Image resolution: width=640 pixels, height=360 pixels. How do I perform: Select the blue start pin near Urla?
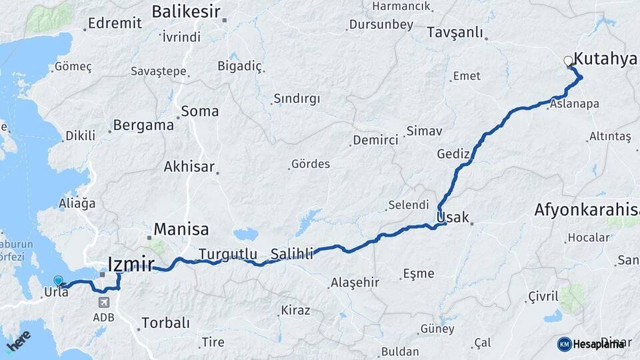pyautogui.click(x=58, y=281)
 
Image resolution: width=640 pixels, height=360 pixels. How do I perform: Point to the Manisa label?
pyautogui.click(x=181, y=229)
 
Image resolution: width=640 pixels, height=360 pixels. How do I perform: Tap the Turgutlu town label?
pyautogui.click(x=228, y=253)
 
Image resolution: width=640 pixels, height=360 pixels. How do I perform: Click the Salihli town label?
pyautogui.click(x=292, y=253)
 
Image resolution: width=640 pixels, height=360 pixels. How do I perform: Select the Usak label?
pyautogui.click(x=453, y=217)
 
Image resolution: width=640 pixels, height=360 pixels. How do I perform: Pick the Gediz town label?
pyautogui.click(x=454, y=154)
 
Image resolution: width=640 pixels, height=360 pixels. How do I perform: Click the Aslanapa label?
pyautogui.click(x=574, y=104)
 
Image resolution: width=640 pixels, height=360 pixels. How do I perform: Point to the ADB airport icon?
pyautogui.click(x=104, y=303)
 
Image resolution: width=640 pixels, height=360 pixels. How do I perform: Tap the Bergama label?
pyautogui.click(x=143, y=125)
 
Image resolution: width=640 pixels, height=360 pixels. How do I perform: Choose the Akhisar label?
pyautogui.click(x=189, y=167)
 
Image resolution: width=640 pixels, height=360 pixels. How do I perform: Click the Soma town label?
pyautogui.click(x=199, y=111)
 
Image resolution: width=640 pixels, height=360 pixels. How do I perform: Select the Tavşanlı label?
pyautogui.click(x=454, y=32)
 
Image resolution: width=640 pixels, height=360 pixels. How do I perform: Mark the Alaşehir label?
pyautogui.click(x=356, y=283)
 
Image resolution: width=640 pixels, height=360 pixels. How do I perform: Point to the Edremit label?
pyautogui.click(x=115, y=23)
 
